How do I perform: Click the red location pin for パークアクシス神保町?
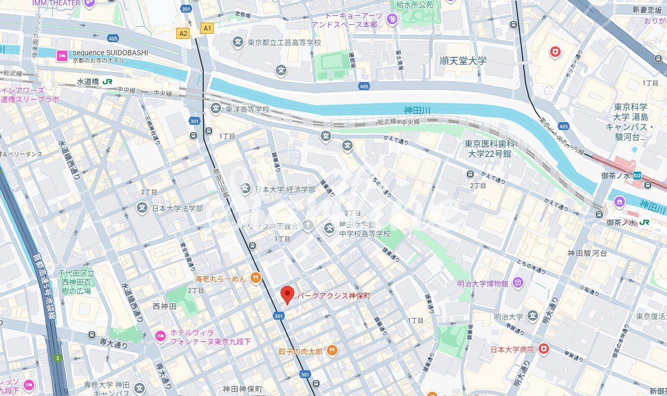287,295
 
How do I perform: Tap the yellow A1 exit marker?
207,28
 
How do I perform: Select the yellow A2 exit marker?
183,34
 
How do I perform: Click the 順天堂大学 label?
463,61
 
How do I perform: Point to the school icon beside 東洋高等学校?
216,108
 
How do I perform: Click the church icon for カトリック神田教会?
308,226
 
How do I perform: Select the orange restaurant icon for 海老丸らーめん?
255,278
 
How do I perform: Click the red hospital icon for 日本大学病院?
543,349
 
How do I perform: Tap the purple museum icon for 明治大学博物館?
518,283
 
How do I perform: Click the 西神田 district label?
163,306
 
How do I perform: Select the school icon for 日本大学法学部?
142,208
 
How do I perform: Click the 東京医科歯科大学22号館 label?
488,149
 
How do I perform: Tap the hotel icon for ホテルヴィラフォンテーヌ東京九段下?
160,336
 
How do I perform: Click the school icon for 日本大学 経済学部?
245,189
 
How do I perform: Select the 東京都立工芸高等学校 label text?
284,42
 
